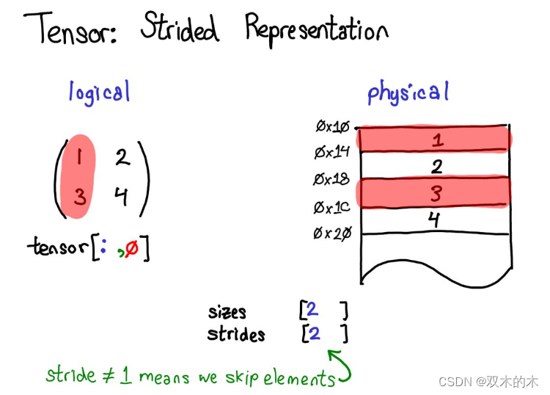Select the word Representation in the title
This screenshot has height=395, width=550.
315,31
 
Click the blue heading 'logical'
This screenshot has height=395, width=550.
99,93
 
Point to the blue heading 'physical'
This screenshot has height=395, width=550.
408,93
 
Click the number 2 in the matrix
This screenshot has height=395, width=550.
122,156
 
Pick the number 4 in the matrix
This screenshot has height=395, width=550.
121,197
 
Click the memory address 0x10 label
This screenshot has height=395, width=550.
333,127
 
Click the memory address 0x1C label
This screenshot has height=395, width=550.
333,208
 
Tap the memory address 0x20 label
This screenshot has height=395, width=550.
333,234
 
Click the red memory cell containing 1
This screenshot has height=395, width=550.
434,139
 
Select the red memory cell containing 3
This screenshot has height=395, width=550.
434,193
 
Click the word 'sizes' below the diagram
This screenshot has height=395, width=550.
227,312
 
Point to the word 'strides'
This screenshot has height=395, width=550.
235,335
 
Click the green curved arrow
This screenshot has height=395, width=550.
341,367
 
